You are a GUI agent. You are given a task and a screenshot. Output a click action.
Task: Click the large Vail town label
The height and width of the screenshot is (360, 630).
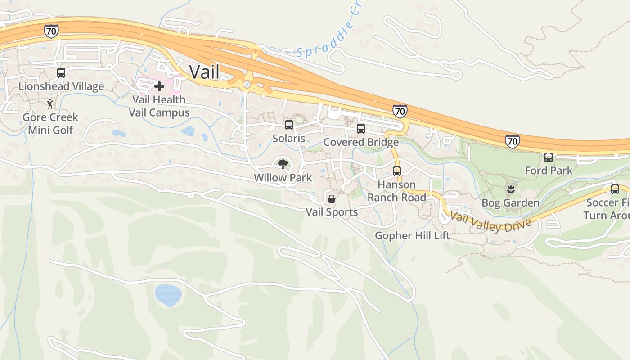(x=204, y=72)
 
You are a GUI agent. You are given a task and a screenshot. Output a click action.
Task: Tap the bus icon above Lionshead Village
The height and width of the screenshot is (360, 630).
(x=61, y=72)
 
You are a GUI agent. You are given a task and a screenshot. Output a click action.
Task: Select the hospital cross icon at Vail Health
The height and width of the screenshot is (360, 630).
(x=159, y=86)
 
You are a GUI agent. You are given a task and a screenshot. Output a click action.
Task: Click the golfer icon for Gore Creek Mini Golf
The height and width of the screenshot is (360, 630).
(x=50, y=104)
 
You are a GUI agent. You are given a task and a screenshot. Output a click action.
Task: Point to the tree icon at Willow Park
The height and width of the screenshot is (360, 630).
(x=283, y=164)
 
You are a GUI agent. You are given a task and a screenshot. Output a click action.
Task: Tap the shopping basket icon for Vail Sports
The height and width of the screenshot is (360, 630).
(x=332, y=199)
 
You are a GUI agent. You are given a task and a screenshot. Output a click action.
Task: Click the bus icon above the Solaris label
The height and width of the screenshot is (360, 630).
(x=289, y=125)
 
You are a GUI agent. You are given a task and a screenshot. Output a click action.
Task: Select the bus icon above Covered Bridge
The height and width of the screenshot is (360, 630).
(x=361, y=129)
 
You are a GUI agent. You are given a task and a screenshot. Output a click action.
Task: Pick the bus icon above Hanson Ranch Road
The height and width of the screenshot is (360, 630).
(x=396, y=171)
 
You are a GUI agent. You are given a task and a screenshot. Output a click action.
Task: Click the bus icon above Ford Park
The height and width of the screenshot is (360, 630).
(x=549, y=157)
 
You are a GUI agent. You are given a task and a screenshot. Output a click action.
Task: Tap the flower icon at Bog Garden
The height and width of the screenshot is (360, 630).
(x=510, y=189)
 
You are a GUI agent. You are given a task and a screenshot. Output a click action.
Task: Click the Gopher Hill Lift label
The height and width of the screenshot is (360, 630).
(x=412, y=236)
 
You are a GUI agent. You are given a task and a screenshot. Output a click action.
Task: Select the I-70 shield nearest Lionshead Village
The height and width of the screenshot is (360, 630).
(x=51, y=31)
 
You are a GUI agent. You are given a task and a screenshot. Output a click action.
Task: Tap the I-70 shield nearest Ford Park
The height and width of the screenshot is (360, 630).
(x=512, y=141)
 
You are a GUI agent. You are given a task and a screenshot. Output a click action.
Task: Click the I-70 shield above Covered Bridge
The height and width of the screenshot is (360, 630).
(x=400, y=111)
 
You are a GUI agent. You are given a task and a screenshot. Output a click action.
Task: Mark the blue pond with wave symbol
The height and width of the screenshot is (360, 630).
(x=168, y=295)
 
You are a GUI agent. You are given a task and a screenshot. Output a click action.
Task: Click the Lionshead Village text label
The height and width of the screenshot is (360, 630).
(x=61, y=86)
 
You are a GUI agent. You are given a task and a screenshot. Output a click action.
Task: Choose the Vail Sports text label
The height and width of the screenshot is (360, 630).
(x=332, y=212)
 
